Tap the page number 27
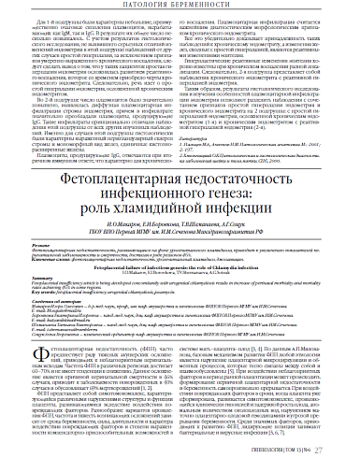tap(344, 449)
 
